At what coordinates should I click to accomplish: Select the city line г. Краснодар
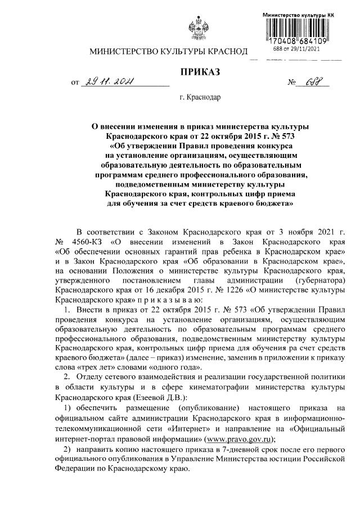coord(200,98)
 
